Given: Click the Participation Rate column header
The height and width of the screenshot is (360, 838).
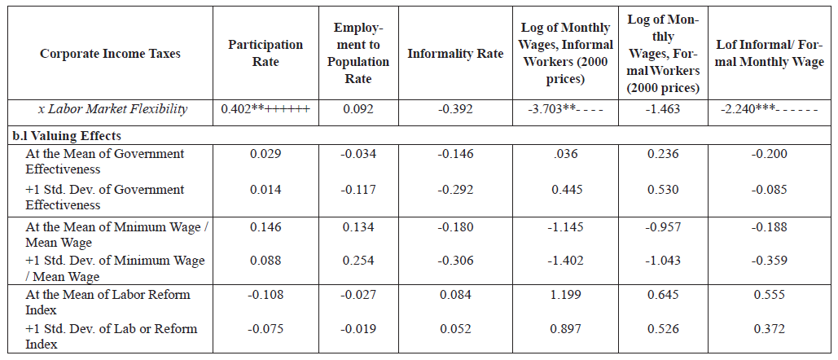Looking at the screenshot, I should (x=265, y=53).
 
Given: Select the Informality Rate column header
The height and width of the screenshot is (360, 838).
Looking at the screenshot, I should (x=455, y=54).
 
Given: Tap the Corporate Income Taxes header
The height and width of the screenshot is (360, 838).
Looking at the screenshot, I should (x=110, y=54).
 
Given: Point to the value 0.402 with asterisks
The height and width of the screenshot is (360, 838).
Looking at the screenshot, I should (x=265, y=109).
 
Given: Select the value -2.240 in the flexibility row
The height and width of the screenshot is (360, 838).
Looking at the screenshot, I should (x=769, y=109).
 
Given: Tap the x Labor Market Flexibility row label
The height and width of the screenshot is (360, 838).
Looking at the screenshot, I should (x=112, y=109).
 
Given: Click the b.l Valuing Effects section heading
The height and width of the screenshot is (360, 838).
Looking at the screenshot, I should (x=66, y=136).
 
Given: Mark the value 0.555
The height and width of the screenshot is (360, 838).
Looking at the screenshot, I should (x=769, y=294).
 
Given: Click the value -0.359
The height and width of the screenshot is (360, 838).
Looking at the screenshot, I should (x=769, y=260).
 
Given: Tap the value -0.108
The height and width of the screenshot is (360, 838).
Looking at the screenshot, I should (x=265, y=294).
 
